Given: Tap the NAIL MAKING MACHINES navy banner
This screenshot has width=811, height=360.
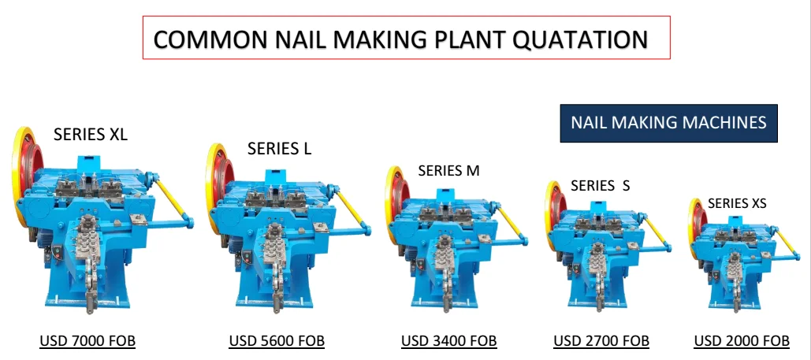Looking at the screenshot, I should (x=668, y=123).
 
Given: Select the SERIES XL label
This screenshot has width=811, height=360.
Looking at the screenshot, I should (x=91, y=135).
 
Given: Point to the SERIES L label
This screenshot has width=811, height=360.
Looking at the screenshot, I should (x=280, y=148).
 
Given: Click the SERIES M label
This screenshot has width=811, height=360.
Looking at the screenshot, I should (x=448, y=170).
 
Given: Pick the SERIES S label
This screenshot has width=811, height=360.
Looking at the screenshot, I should (x=601, y=186).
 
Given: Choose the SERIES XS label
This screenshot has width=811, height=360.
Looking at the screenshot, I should (x=737, y=203).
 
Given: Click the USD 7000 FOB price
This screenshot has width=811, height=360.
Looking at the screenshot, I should (x=87, y=341).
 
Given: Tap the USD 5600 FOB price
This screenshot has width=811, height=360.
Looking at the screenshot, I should (x=277, y=341).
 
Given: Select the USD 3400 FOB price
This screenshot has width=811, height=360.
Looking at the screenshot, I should (x=449, y=341).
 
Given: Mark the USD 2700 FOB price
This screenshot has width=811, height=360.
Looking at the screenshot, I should (x=601, y=341).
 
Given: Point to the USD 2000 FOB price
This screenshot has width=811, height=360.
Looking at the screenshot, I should (x=742, y=341).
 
